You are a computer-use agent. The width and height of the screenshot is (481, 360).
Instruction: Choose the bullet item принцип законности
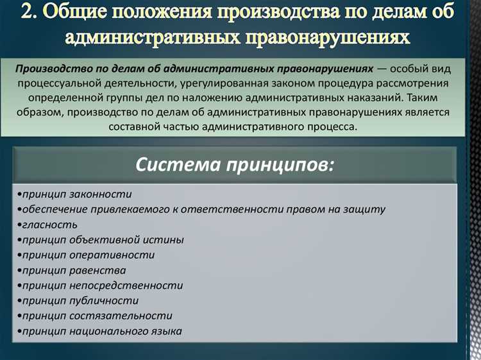point(75,194)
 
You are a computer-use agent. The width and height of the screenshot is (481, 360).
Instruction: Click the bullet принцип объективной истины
point(101,240)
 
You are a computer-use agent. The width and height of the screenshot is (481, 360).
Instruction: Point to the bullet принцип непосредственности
point(101,286)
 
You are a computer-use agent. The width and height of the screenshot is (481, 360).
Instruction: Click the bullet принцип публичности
point(78,300)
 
